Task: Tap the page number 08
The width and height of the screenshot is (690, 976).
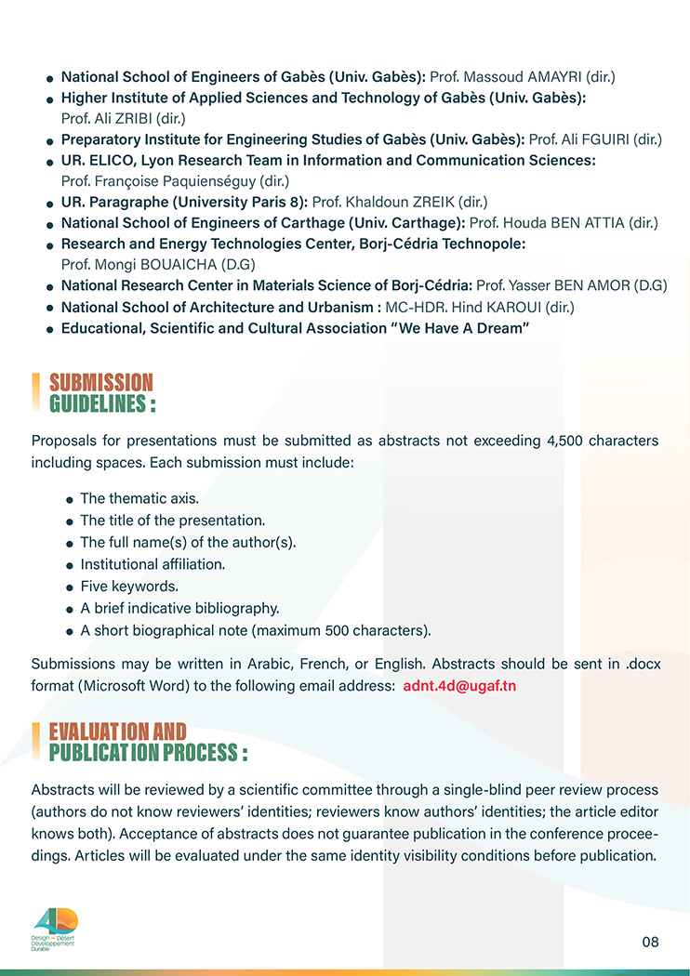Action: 650,942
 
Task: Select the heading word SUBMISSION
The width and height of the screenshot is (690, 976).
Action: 100,382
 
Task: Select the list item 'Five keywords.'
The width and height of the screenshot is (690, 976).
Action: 129,587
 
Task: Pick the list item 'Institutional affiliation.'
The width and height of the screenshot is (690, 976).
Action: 153,564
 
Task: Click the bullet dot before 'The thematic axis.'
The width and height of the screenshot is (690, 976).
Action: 69,500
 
